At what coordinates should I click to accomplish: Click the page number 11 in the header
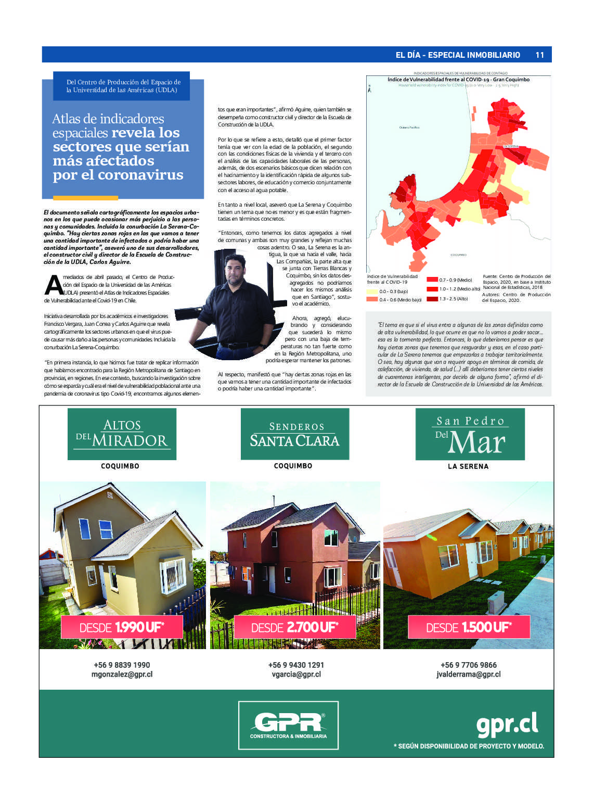click(x=539, y=55)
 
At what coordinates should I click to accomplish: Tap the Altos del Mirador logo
click(x=122, y=434)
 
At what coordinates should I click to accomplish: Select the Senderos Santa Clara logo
click(x=294, y=434)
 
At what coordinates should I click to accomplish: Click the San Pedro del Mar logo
click(x=470, y=434)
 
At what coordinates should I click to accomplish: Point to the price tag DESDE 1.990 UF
click(x=122, y=627)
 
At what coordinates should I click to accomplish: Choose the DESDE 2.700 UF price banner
click(x=294, y=627)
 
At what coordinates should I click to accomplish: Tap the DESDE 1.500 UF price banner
click(x=469, y=627)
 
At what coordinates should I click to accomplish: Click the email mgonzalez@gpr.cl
click(x=122, y=675)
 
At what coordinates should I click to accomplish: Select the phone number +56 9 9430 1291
click(x=296, y=665)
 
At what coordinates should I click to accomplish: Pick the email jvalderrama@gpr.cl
click(x=469, y=675)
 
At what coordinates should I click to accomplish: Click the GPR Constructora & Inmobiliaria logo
click(x=288, y=725)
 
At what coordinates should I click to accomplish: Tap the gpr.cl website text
click(x=507, y=724)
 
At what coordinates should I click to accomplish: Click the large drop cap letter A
click(x=53, y=285)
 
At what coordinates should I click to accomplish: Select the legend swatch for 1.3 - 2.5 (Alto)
click(x=432, y=299)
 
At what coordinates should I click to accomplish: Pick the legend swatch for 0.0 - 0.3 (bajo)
click(x=372, y=291)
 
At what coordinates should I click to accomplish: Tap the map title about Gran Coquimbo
click(x=458, y=80)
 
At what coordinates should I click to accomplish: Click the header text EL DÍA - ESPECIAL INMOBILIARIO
click(x=458, y=55)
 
